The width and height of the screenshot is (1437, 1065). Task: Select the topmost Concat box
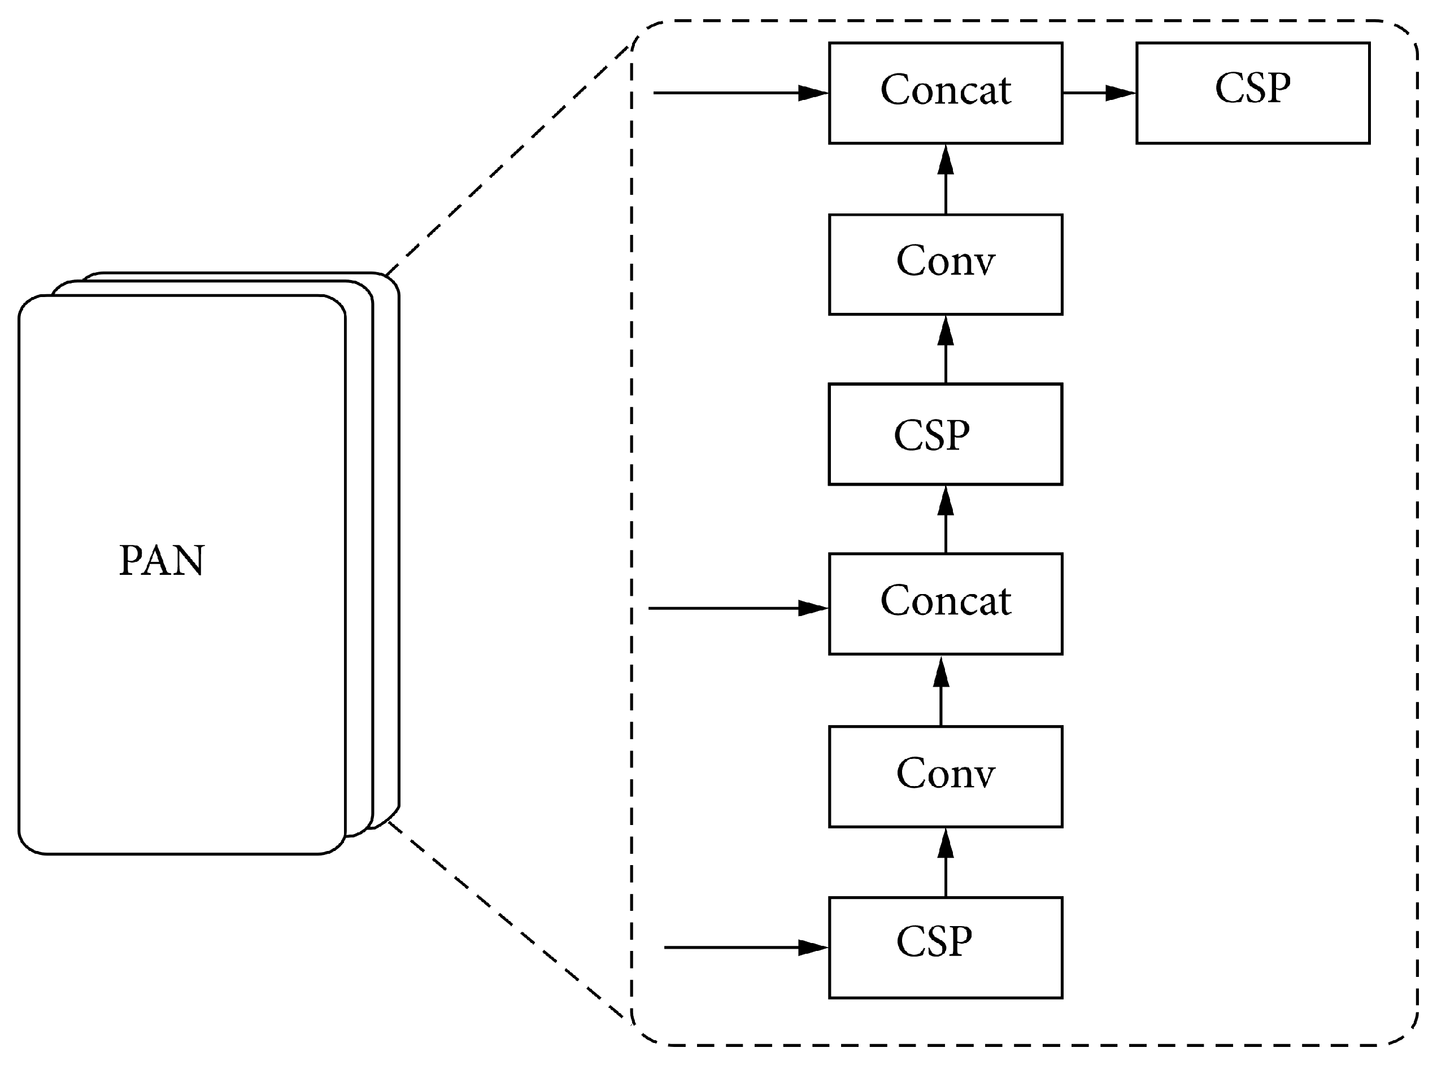[x=945, y=93]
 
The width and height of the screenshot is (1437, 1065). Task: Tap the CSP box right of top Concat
[x=1252, y=93]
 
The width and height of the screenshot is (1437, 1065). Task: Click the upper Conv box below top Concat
[x=945, y=264]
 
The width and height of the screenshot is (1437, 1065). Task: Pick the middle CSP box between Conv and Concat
[x=945, y=434]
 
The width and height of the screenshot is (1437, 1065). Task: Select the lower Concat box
[x=945, y=604]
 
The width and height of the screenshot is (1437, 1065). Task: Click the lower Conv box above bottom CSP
[x=945, y=776]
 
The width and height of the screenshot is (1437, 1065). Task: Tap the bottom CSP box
[x=945, y=947]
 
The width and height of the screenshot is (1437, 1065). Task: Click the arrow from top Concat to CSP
[x=1099, y=93]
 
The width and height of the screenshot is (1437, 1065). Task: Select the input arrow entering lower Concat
[x=738, y=608]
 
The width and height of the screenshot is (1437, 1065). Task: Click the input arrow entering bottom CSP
[x=745, y=947]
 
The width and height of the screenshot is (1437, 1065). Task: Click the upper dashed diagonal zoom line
[x=507, y=161]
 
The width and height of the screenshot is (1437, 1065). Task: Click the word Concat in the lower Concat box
[x=945, y=601]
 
